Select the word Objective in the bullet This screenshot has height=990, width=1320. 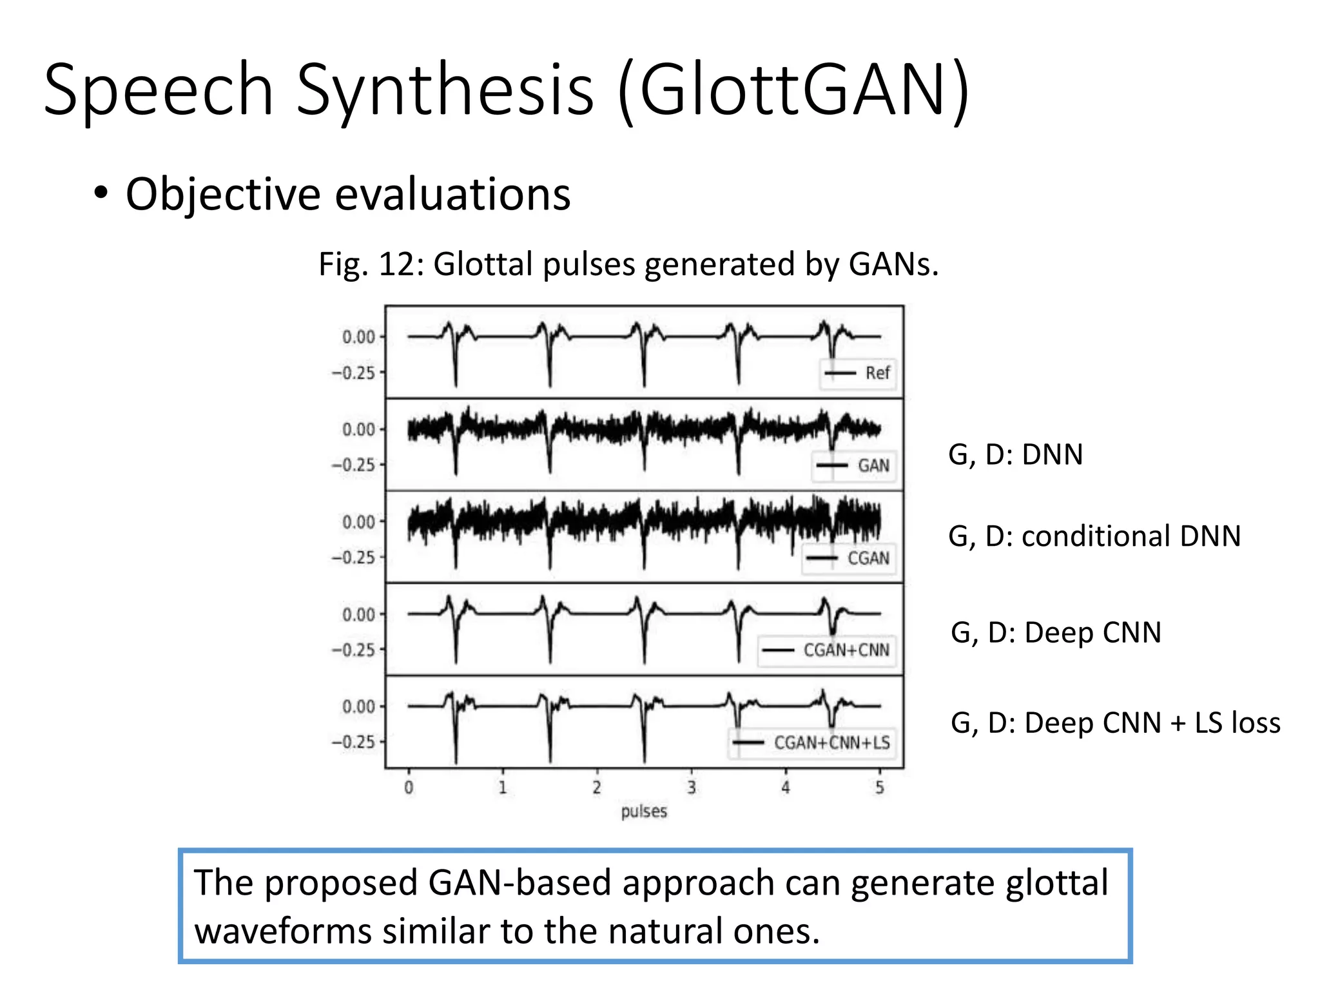coord(223,194)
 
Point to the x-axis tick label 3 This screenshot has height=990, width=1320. coord(691,788)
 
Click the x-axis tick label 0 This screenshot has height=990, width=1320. coord(409,788)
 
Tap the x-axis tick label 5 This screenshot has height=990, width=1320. coord(880,788)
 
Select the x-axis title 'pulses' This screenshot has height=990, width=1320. coord(644,811)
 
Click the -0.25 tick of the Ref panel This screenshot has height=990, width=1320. coord(354,373)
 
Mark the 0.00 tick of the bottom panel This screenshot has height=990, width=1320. coord(358,706)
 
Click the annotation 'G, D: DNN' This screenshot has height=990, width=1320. coord(1015,455)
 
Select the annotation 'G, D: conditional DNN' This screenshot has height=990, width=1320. coord(1094,536)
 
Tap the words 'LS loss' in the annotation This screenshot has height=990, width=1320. coord(1237,723)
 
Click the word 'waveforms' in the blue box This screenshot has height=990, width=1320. coord(283,932)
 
